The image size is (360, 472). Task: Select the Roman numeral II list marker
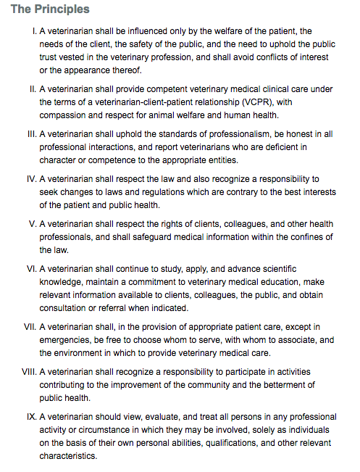[32, 89]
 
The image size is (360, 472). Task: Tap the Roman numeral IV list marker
[30, 178]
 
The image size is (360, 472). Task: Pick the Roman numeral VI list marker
[30, 268]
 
